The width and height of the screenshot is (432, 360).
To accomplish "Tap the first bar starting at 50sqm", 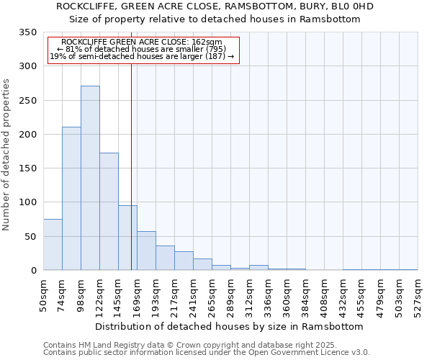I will [x=53, y=245].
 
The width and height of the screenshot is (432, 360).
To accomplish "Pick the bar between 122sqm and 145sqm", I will [x=109, y=212].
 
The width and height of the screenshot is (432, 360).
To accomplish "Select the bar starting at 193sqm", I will [x=165, y=258].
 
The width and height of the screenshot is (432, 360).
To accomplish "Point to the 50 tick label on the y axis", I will [x=30, y=237].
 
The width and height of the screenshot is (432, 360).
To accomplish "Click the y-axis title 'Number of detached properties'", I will [x=7, y=155].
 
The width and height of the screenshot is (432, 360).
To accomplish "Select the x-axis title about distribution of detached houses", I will [x=230, y=326].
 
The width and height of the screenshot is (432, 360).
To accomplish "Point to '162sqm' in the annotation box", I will [x=207, y=42].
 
